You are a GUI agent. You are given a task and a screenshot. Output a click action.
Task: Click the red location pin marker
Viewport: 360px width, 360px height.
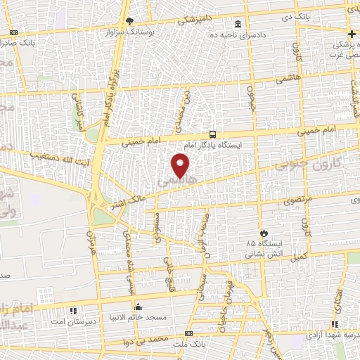181,166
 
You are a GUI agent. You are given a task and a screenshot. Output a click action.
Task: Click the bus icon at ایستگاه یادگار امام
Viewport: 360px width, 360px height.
212,134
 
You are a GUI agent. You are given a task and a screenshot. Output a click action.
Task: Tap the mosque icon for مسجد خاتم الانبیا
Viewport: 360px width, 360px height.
138,307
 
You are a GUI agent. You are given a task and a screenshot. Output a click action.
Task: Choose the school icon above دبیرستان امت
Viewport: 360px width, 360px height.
72,310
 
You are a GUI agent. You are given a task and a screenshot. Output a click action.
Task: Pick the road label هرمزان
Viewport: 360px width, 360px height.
90,243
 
